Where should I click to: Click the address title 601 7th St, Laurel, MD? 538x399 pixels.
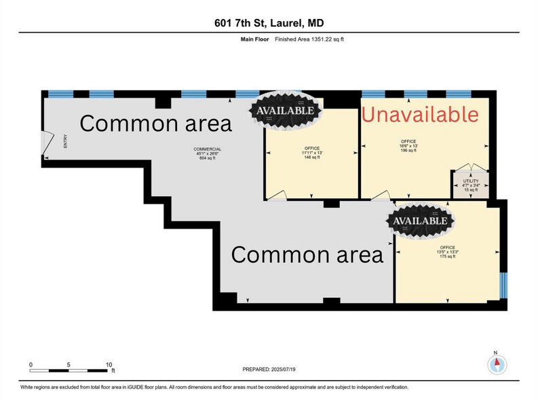pyautogui.click(x=269, y=22)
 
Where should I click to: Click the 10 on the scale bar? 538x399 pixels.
pyautogui.click(x=109, y=365)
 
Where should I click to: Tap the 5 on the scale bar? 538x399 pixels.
pyautogui.click(x=69, y=365)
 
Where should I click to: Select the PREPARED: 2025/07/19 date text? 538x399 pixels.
pyautogui.click(x=270, y=369)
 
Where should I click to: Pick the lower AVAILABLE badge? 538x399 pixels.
pyautogui.click(x=419, y=221)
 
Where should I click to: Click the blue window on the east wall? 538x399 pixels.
pyautogui.click(x=503, y=284)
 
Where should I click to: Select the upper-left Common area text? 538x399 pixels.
pyautogui.click(x=156, y=123)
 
